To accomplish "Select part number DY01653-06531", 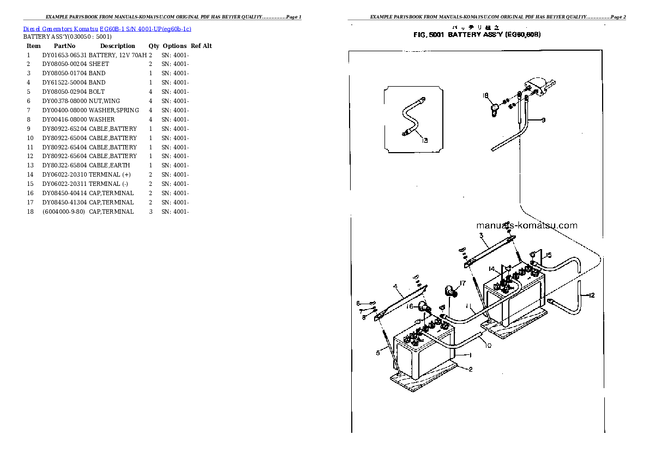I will tap(64, 55).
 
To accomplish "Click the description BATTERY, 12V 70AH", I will tap(117, 55).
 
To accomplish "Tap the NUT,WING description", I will tap(104, 101).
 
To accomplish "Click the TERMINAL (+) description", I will tap(110, 174).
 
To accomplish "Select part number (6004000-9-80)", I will tap(64, 212).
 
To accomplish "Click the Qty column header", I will tap(154, 46).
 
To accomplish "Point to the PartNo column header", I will tap(64, 46).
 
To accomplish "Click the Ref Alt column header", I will tap(201, 46).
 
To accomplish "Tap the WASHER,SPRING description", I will tap(113, 110).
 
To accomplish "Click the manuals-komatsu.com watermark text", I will tap(526, 225).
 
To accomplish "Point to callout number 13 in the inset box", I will tap(425, 140).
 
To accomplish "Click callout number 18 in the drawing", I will tap(484, 96).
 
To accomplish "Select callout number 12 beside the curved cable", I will tap(591, 295).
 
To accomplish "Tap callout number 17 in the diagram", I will tap(462, 283).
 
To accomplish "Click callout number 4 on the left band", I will tap(394, 286).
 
